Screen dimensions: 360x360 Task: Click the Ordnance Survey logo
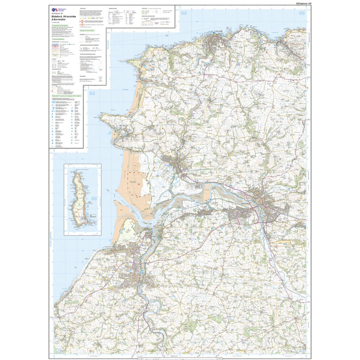[55, 10]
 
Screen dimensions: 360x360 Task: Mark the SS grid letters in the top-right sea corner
[301, 13]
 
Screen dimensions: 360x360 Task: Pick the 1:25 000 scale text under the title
[56, 22]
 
